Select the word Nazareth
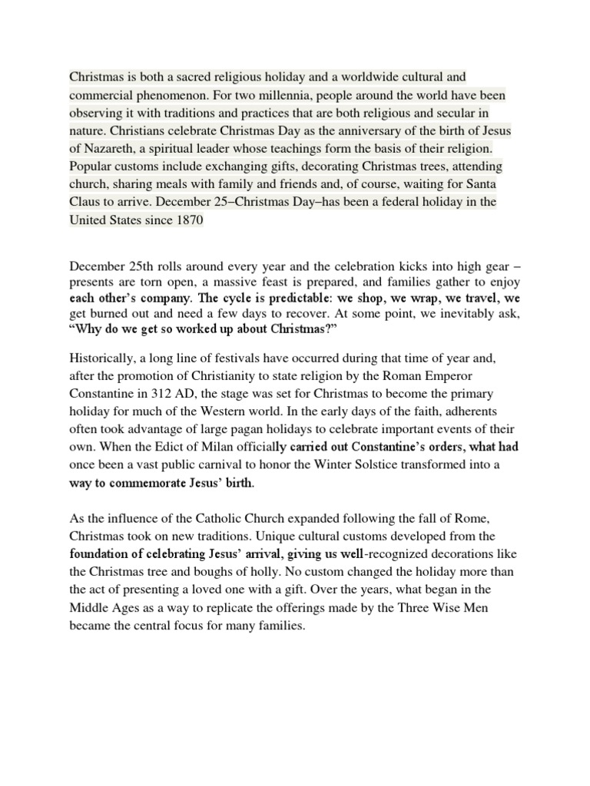tap(108, 148)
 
